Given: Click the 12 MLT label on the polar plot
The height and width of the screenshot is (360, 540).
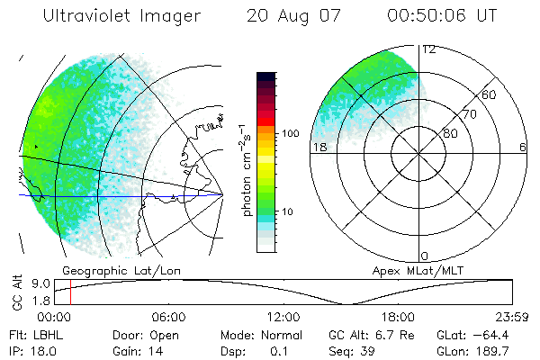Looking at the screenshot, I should [x=428, y=49].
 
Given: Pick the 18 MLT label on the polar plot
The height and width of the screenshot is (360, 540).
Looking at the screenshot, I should [x=317, y=147].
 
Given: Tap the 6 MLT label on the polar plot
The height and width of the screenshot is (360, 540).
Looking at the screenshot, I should [x=522, y=147].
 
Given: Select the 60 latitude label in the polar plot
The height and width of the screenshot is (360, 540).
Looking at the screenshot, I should [x=490, y=94].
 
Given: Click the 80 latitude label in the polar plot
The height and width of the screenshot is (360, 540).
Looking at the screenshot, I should [x=450, y=133].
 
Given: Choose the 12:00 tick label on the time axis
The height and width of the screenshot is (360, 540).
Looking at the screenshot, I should [x=283, y=317].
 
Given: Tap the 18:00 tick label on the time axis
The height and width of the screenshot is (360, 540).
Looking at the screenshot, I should [x=398, y=317].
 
